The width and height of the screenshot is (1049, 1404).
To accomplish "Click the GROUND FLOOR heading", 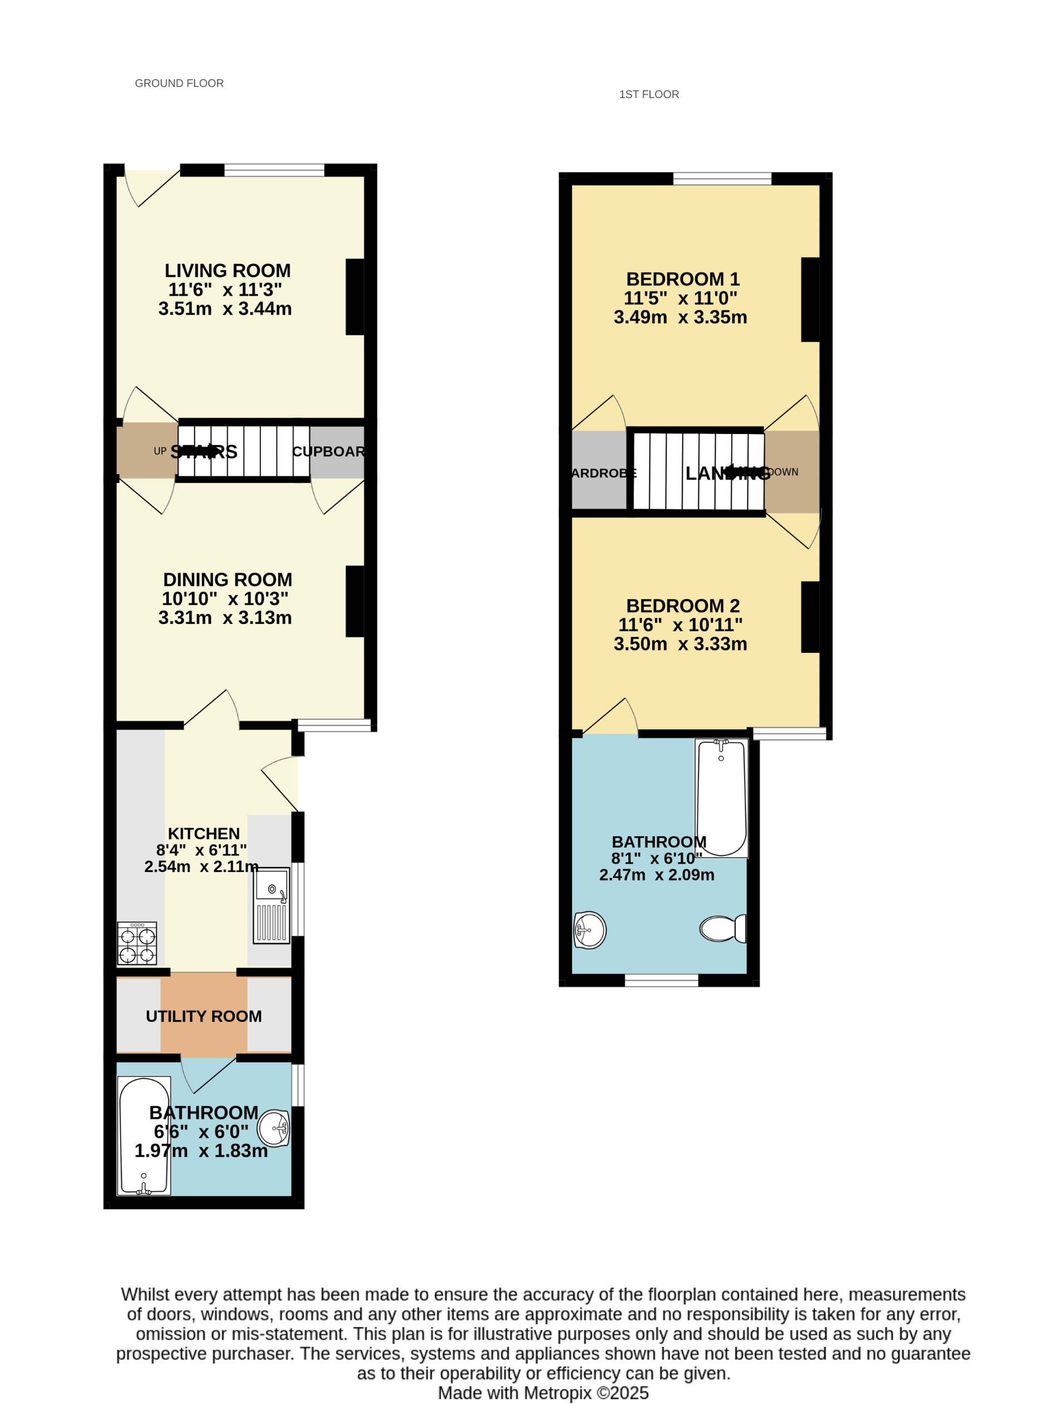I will (x=179, y=83).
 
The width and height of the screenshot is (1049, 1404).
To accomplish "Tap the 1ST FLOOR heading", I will (x=648, y=95).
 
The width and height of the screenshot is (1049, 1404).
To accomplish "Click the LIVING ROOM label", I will (x=227, y=271).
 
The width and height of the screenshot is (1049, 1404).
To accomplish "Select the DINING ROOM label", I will (x=227, y=579).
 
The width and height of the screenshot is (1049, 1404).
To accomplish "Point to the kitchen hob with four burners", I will (x=137, y=943).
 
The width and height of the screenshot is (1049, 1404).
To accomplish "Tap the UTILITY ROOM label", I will (x=203, y=1016).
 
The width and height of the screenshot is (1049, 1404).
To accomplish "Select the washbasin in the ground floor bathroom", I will (x=274, y=1128).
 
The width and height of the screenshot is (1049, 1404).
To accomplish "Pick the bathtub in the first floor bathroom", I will (x=721, y=798).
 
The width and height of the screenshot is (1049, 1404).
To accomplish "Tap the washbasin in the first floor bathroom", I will (x=589, y=930).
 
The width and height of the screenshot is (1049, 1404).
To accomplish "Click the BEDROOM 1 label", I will (x=683, y=279).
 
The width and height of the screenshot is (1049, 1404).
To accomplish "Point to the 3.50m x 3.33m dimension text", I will (x=680, y=644).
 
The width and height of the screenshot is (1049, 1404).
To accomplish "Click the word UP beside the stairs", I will (x=160, y=451).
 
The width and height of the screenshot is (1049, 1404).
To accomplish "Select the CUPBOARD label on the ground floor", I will (x=328, y=451).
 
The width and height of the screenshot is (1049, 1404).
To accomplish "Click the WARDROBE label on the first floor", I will (x=603, y=473).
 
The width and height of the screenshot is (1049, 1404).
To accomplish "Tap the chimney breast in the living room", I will (x=355, y=296).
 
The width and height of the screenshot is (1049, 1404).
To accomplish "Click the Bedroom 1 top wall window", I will (x=722, y=179).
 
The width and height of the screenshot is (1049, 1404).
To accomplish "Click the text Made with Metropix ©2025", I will (x=543, y=1393).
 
